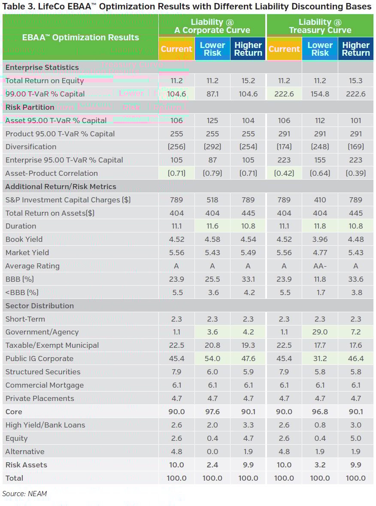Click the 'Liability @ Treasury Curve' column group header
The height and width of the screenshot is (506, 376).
tap(320, 26)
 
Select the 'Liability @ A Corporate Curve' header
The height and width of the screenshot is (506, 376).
tap(212, 26)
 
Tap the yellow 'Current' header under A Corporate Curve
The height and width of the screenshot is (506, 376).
tap(176, 49)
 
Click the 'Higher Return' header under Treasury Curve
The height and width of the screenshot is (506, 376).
tap(356, 49)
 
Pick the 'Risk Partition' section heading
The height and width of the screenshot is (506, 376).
tap(30, 107)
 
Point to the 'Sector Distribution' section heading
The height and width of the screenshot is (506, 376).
tap(39, 306)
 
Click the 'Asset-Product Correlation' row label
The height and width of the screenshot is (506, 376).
tap(52, 173)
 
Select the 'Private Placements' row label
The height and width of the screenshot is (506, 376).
tap(39, 398)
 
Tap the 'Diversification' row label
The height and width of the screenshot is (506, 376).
tap(31, 147)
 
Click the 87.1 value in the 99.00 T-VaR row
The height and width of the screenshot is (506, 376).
tap(212, 94)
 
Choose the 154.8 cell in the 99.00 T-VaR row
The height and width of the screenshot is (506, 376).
tap(320, 94)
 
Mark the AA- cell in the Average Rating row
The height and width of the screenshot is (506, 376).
tap(320, 266)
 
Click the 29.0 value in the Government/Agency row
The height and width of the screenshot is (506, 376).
tap(320, 332)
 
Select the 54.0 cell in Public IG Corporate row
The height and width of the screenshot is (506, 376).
tap(212, 358)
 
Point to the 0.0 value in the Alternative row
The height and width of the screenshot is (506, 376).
tap(212, 452)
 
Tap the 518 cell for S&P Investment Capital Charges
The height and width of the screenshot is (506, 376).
tap(212, 200)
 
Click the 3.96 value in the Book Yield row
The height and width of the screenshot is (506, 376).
tap(320, 239)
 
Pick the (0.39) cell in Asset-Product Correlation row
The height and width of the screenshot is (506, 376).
tap(356, 173)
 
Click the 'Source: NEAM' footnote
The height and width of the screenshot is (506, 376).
tap(24, 494)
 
